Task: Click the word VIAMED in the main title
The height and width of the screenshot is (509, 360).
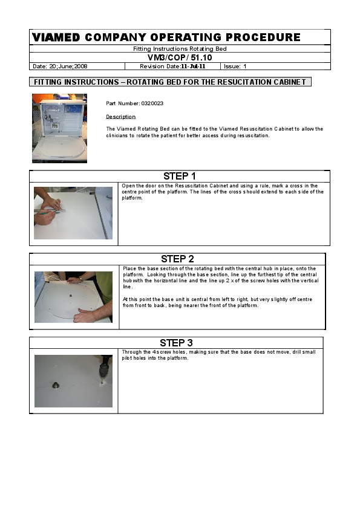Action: click(x=56, y=37)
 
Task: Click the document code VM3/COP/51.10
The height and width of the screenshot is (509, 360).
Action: click(x=180, y=58)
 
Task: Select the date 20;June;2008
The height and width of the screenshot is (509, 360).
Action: click(x=68, y=66)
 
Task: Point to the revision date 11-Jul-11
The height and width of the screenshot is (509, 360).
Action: click(x=193, y=66)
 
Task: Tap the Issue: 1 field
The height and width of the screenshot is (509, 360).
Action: click(x=235, y=66)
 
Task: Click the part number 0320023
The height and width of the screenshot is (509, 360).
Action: click(x=152, y=103)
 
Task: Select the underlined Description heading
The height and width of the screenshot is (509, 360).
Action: click(x=120, y=117)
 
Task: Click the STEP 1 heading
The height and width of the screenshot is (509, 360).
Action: click(x=179, y=177)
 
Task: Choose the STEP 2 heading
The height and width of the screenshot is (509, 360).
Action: click(x=177, y=259)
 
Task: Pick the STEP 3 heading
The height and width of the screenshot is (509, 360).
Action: click(x=176, y=343)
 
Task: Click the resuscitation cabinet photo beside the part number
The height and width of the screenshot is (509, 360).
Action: click(x=59, y=128)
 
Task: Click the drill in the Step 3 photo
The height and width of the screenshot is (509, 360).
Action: click(x=104, y=367)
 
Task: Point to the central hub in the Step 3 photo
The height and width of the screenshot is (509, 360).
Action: click(x=56, y=385)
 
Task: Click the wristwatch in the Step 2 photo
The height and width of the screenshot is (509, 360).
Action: click(x=80, y=279)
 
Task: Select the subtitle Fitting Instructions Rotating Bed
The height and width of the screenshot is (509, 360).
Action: click(x=180, y=49)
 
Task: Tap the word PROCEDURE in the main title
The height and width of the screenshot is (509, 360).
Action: click(x=263, y=37)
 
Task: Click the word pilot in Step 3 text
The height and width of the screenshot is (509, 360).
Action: click(x=128, y=358)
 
